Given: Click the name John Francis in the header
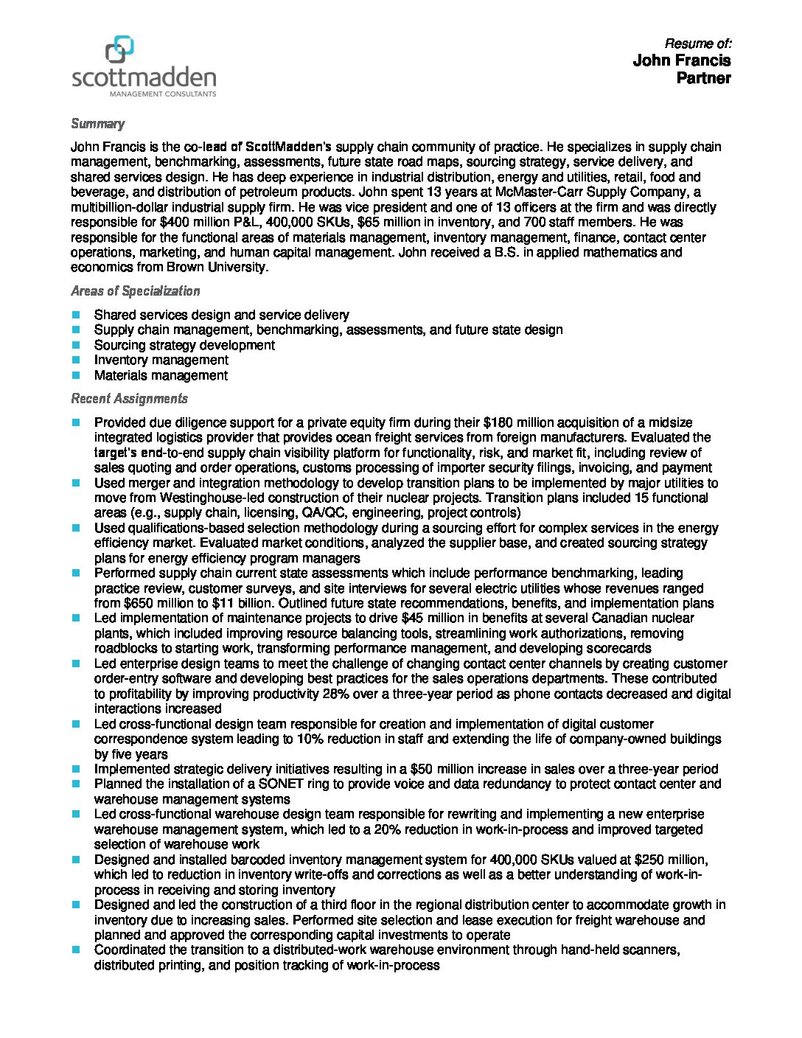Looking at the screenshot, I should coord(682,60).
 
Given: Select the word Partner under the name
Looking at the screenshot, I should coord(704,78).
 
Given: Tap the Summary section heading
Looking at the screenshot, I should coord(97,123).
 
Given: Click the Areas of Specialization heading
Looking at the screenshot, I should coord(135,290).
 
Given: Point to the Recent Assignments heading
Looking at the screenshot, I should coord(129,398).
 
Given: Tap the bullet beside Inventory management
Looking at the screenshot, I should coord(76,360).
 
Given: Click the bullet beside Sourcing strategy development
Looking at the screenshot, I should coord(76,345).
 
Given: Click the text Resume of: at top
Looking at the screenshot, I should coord(697,43).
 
